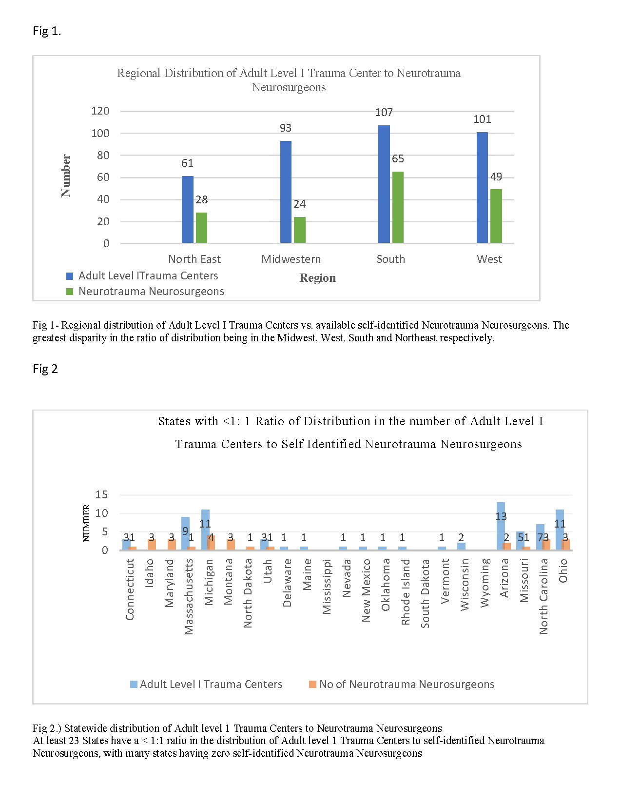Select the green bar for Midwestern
pos(300,230)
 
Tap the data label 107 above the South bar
pos(384,113)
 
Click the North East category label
pos(194,259)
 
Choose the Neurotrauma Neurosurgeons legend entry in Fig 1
pos(151,292)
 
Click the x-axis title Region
pos(317,278)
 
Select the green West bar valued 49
pos(496,216)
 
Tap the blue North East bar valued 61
pos(188,210)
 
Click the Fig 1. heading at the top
pos(47,31)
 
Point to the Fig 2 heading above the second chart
pos(45,369)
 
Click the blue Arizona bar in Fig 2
pos(501,527)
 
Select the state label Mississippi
pos(327,587)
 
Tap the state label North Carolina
pos(543,596)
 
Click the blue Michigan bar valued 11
pos(205,530)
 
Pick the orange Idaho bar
pos(152,545)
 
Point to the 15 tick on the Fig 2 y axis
pos(101,495)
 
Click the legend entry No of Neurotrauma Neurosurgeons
pos(407,685)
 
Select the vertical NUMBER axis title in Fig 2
pos(86,523)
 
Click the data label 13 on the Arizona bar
pos(501,516)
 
